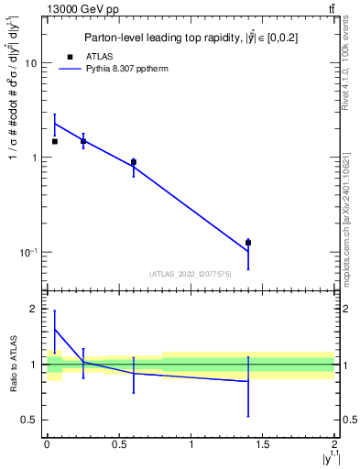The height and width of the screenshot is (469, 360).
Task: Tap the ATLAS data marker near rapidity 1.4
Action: (x=248, y=243)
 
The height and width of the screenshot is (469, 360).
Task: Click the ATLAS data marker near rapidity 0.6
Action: (x=133, y=162)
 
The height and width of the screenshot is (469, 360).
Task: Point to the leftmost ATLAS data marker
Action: (x=54, y=141)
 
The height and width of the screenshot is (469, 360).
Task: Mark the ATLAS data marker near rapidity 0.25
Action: (x=82, y=141)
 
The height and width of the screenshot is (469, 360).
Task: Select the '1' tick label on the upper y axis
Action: (x=36, y=158)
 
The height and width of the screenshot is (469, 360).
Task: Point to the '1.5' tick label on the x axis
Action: (x=263, y=444)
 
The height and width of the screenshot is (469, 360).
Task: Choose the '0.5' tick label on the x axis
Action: (x=118, y=444)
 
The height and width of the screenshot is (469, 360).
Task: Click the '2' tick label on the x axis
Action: (x=334, y=444)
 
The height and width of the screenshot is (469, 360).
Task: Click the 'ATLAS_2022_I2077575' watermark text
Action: (x=190, y=274)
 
